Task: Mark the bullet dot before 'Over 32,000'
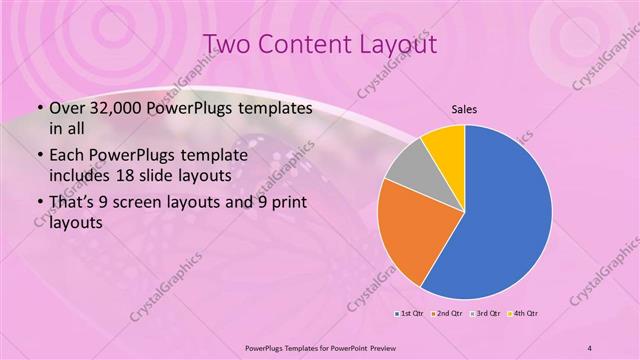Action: coord(39,109)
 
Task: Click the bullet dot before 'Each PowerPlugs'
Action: coord(39,157)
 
